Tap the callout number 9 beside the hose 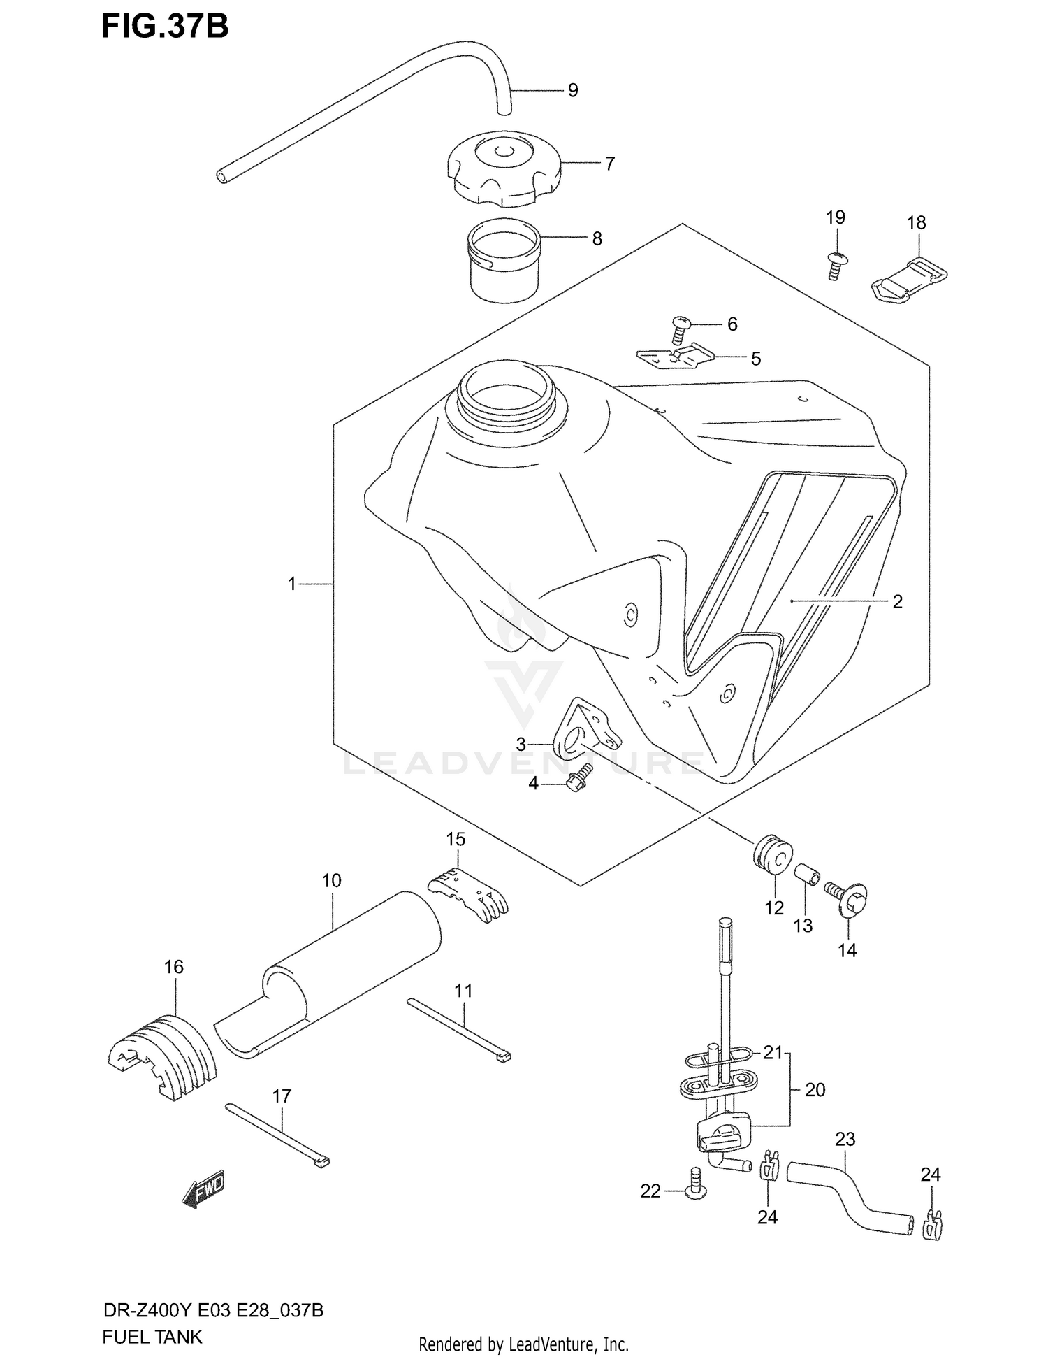pyautogui.click(x=573, y=90)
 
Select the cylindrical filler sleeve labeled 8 pyautogui.click(x=504, y=260)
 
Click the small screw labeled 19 pyautogui.click(x=834, y=265)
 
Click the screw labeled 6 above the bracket pyautogui.click(x=680, y=328)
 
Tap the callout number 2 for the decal pyautogui.click(x=897, y=601)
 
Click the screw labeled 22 pyautogui.click(x=695, y=1191)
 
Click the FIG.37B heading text pyautogui.click(x=165, y=27)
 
